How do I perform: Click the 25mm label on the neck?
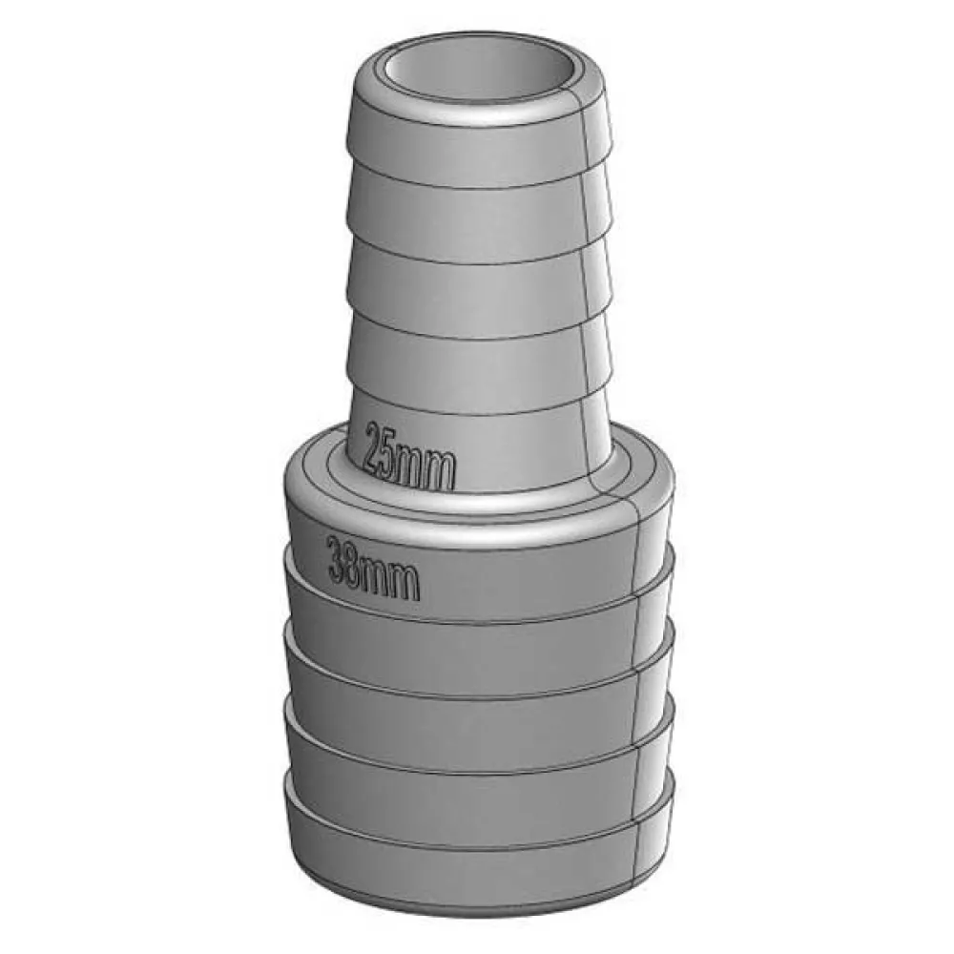pyautogui.click(x=409, y=457)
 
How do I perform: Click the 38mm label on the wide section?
pyautogui.click(x=374, y=568)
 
